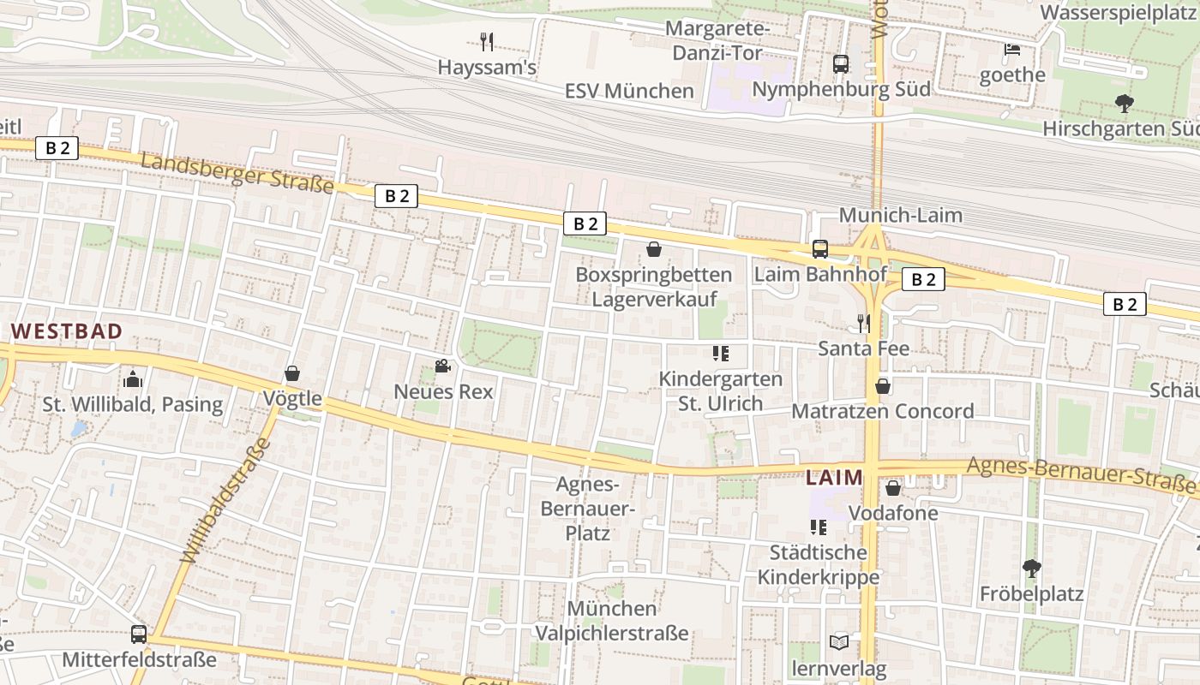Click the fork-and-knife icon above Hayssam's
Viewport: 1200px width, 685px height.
click(487, 41)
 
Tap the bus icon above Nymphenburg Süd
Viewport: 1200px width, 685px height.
click(841, 63)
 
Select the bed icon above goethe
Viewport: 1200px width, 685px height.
click(1012, 49)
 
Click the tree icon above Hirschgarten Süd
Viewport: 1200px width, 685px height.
click(1125, 104)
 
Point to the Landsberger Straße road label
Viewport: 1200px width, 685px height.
click(237, 173)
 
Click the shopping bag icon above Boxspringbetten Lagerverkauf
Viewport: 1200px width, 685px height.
click(654, 249)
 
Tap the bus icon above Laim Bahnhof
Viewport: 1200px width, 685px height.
click(820, 249)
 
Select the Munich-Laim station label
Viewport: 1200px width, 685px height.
click(900, 215)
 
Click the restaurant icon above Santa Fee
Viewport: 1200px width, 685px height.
click(864, 323)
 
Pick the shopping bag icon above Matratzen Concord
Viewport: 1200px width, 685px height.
click(883, 386)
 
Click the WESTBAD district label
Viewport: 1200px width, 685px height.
click(67, 331)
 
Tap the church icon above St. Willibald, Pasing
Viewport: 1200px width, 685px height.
click(133, 378)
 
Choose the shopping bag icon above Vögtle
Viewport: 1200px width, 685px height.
click(292, 373)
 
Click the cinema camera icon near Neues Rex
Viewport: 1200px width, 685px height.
click(442, 366)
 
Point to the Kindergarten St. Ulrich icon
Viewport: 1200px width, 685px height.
click(720, 353)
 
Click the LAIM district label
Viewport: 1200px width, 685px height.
click(834, 478)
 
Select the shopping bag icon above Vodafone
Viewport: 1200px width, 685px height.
click(893, 488)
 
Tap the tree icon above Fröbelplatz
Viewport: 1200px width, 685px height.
click(1032, 568)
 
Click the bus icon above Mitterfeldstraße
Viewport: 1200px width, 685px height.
click(139, 634)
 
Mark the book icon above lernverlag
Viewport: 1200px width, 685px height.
click(839, 642)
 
